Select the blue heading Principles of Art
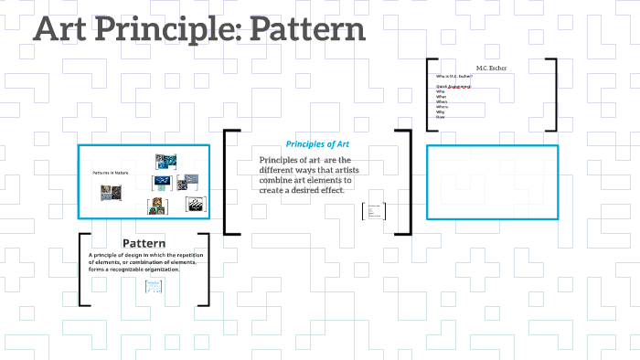[x=318, y=144]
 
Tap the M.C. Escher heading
[x=492, y=68]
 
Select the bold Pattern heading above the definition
[x=144, y=243]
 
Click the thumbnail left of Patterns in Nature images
[x=112, y=193]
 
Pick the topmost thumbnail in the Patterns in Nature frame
[x=165, y=163]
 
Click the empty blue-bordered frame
[x=492, y=182]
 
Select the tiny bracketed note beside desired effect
[x=374, y=212]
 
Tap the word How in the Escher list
[x=440, y=117]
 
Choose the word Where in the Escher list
[x=442, y=107]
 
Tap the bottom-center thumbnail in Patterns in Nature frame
[x=156, y=206]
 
